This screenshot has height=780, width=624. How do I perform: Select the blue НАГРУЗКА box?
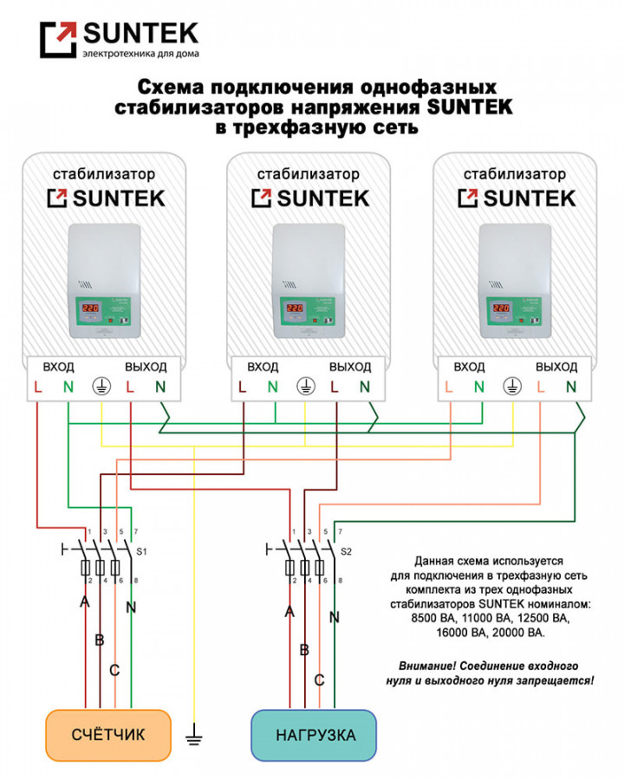[x=314, y=735]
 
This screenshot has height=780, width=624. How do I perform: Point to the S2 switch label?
[x=347, y=551]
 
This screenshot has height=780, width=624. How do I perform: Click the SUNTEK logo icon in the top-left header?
[x=58, y=40]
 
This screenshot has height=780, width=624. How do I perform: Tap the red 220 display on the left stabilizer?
[x=90, y=308]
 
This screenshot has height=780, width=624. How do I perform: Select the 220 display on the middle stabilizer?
[x=295, y=308]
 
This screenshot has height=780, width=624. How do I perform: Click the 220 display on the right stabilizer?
[x=500, y=308]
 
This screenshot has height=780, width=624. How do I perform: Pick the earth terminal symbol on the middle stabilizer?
[x=306, y=387]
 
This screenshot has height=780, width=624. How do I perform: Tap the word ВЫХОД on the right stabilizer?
[x=556, y=367]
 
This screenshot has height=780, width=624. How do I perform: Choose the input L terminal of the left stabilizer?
[x=38, y=387]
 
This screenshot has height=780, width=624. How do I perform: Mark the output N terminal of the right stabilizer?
[x=570, y=387]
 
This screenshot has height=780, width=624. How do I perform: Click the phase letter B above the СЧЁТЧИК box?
[x=99, y=640]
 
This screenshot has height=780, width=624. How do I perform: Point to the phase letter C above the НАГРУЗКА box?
[x=319, y=680]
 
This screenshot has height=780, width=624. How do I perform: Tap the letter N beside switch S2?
[x=334, y=618]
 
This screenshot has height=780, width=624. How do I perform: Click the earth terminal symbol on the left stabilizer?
[x=101, y=387]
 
